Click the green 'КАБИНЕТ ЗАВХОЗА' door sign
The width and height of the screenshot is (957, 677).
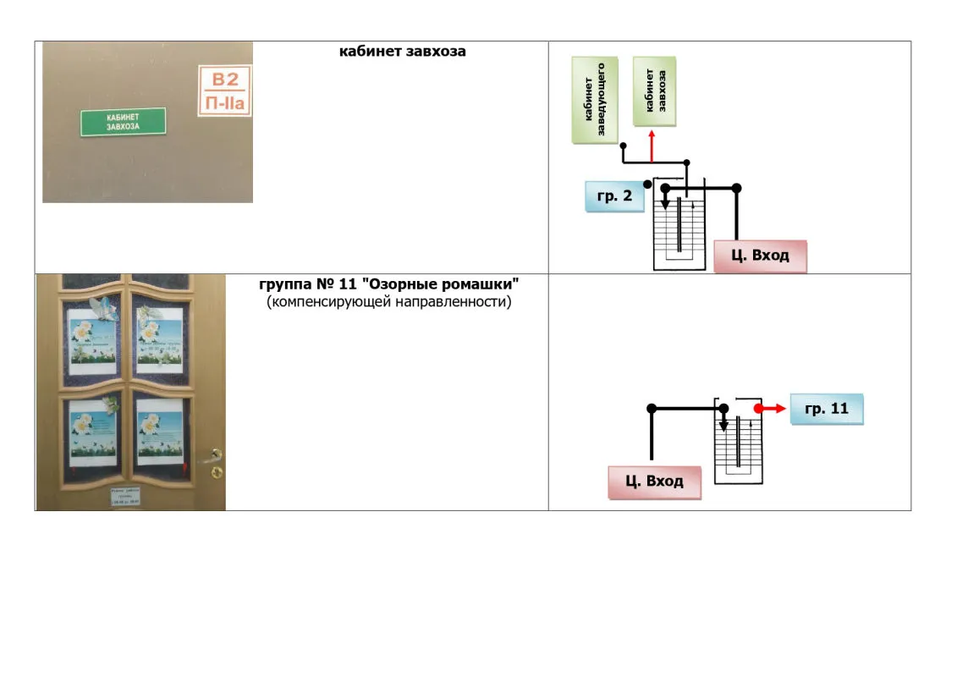(123, 122)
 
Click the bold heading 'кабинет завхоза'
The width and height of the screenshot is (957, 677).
(402, 52)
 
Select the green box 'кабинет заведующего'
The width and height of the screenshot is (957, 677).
(595, 101)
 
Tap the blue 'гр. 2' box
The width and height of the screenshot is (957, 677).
(614, 196)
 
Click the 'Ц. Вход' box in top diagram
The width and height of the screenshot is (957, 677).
(760, 256)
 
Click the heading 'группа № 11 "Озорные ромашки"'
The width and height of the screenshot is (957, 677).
(400, 283)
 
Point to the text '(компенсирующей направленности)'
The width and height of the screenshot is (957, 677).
(389, 301)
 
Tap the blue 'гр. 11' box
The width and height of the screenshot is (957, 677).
(826, 409)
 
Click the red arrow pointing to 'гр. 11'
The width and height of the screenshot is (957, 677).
(768, 408)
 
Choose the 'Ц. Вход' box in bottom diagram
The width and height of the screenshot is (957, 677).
(654, 482)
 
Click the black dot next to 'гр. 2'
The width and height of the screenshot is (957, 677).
(647, 184)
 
